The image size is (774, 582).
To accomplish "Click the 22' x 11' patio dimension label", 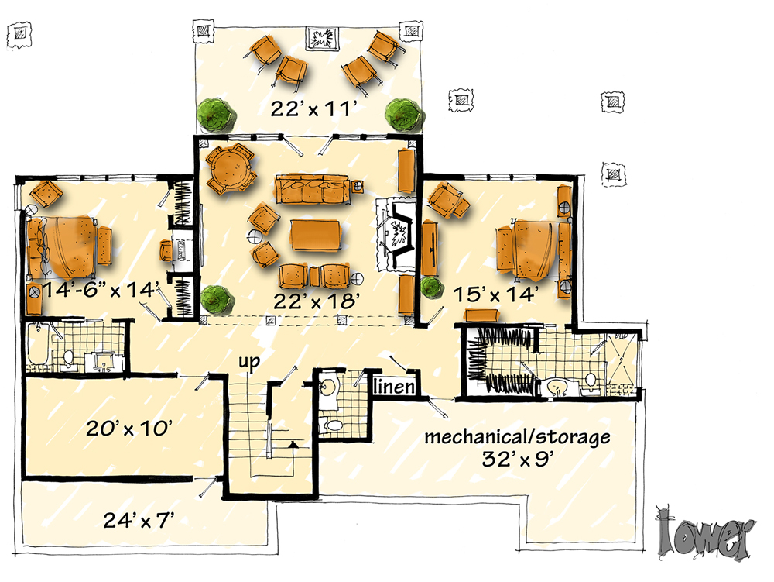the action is (313, 108).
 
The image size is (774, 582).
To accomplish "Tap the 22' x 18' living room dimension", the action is (317, 301).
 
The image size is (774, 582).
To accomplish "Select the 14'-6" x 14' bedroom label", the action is (101, 289).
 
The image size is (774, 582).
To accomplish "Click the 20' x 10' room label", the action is (129, 428).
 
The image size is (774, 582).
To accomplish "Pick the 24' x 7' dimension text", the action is (139, 520).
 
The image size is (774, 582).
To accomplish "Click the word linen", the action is (395, 387).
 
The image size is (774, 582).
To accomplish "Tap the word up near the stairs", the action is (249, 363).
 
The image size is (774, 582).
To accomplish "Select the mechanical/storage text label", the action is (517, 437).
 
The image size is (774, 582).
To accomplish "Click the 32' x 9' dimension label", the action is (516, 460).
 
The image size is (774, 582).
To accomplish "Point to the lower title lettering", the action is (705, 535).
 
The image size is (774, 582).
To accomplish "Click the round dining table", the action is (231, 168).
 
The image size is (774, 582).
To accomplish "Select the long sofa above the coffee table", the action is (313, 189).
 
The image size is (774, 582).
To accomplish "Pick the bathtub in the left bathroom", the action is (36, 346).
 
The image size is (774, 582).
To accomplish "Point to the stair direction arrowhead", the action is (293, 444).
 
